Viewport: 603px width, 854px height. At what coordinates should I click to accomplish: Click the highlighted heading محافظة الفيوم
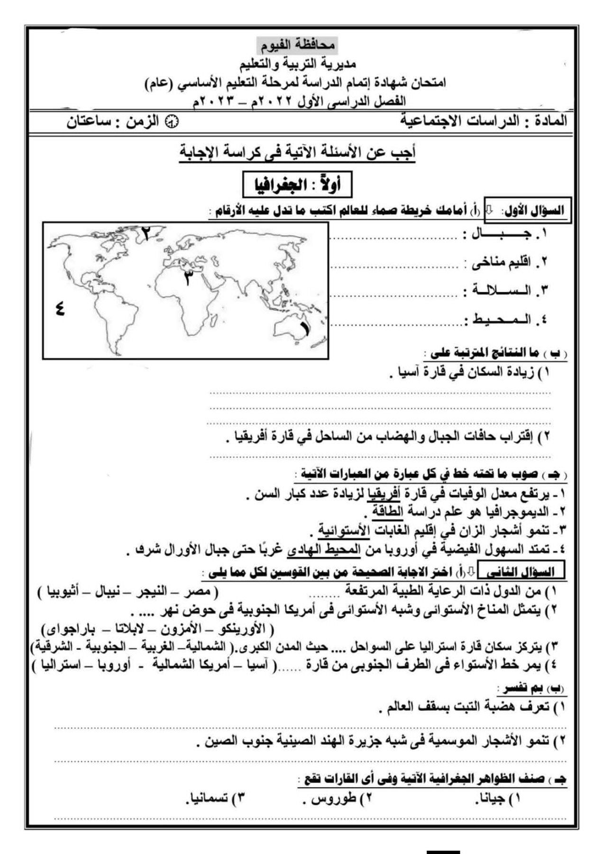click(297, 45)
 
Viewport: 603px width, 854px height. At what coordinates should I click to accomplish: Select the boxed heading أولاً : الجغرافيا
click(298, 185)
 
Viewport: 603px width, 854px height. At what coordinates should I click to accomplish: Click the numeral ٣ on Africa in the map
click(189, 278)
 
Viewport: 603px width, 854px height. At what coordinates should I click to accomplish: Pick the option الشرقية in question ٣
click(52, 646)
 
